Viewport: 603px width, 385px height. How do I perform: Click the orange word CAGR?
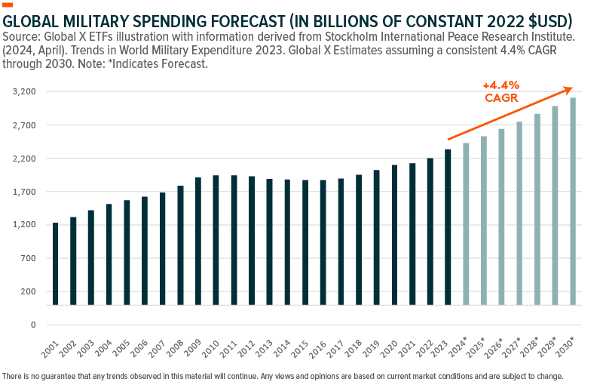[500, 98]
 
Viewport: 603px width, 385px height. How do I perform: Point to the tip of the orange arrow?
[572, 88]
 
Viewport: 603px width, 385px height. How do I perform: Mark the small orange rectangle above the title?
[8, 5]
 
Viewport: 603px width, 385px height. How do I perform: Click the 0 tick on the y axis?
[33, 325]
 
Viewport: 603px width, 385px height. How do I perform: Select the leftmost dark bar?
[55, 264]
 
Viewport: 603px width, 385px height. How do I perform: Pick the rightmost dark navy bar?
[448, 226]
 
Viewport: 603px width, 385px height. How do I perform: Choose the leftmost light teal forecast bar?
[466, 223]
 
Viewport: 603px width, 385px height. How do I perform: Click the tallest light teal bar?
[573, 201]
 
